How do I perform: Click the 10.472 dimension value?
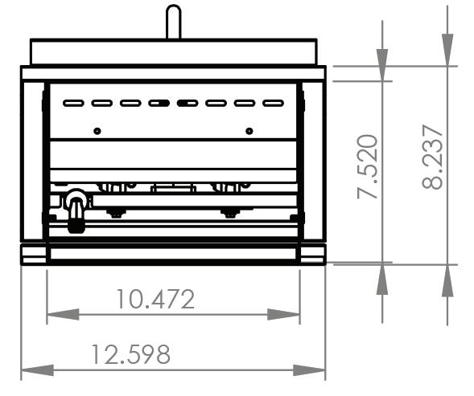(x=155, y=299)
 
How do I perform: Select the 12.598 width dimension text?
(x=130, y=354)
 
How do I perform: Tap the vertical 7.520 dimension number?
(x=367, y=166)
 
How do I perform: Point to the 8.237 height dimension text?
(x=433, y=157)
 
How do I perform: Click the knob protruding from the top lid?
(x=174, y=22)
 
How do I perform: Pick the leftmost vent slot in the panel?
(x=73, y=104)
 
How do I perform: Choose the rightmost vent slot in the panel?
(x=274, y=104)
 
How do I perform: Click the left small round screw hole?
(x=97, y=131)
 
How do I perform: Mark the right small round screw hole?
(x=249, y=131)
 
